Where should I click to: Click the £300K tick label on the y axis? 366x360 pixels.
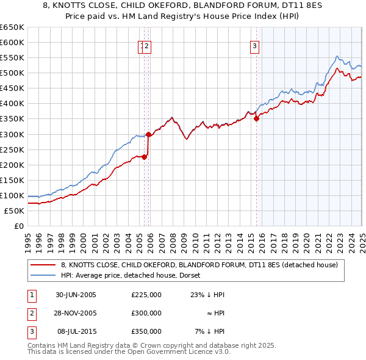(12, 134)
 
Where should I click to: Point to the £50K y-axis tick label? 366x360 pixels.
(14, 211)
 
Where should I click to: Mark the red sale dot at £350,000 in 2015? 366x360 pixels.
(256, 119)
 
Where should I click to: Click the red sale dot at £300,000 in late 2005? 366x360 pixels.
(148, 134)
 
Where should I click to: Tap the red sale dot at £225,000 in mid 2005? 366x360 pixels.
(145, 157)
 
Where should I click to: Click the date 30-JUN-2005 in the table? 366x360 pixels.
(76, 295)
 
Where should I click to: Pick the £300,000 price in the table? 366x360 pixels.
(146, 313)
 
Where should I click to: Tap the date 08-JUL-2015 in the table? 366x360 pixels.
(76, 331)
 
